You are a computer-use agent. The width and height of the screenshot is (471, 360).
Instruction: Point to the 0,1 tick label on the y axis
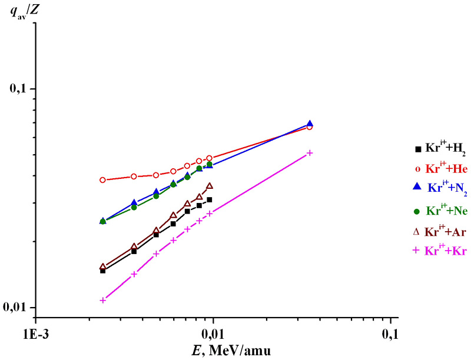pyautogui.click(x=19, y=89)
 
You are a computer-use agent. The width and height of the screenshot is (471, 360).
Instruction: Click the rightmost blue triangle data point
pyautogui.click(x=310, y=124)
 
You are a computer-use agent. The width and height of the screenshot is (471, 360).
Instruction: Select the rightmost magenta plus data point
pyautogui.click(x=310, y=153)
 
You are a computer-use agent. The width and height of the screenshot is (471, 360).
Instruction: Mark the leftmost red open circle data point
pyautogui.click(x=103, y=180)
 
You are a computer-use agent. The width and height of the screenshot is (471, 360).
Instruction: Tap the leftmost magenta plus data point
pyautogui.click(x=103, y=300)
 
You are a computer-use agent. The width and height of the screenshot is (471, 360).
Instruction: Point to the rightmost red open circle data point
pyautogui.click(x=310, y=127)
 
